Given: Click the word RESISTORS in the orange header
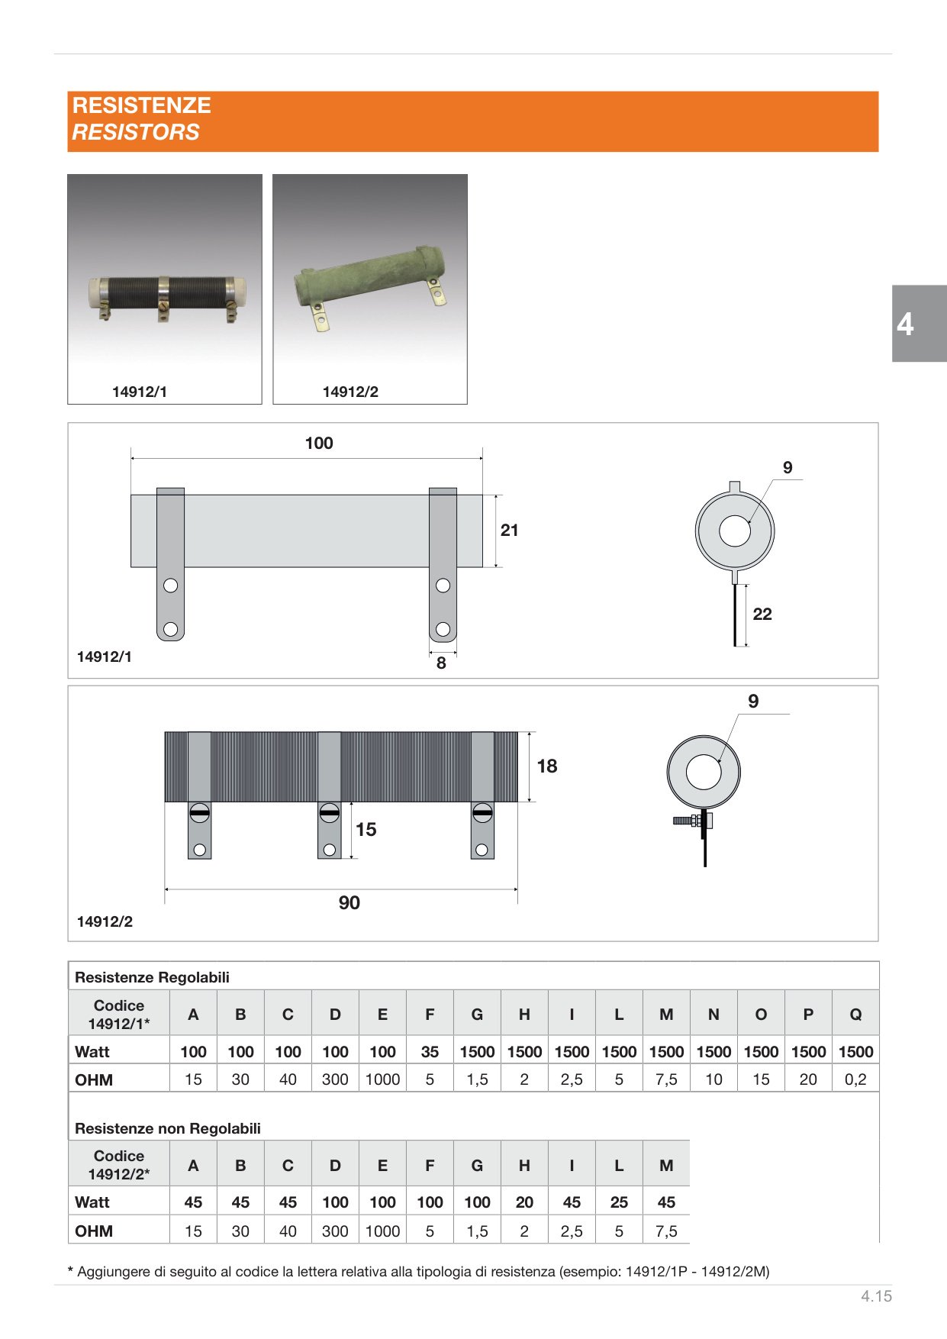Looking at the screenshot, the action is [x=136, y=132].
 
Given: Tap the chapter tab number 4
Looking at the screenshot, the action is [x=905, y=324].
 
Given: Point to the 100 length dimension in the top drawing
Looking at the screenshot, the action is [x=319, y=444].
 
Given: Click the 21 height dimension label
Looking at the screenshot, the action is [x=510, y=531].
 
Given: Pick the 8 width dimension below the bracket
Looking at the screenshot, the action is [x=441, y=663].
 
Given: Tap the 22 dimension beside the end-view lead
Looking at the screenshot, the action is [x=762, y=615].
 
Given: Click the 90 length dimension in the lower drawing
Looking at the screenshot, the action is [x=349, y=903].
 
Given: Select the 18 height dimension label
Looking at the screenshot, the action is [x=547, y=766].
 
